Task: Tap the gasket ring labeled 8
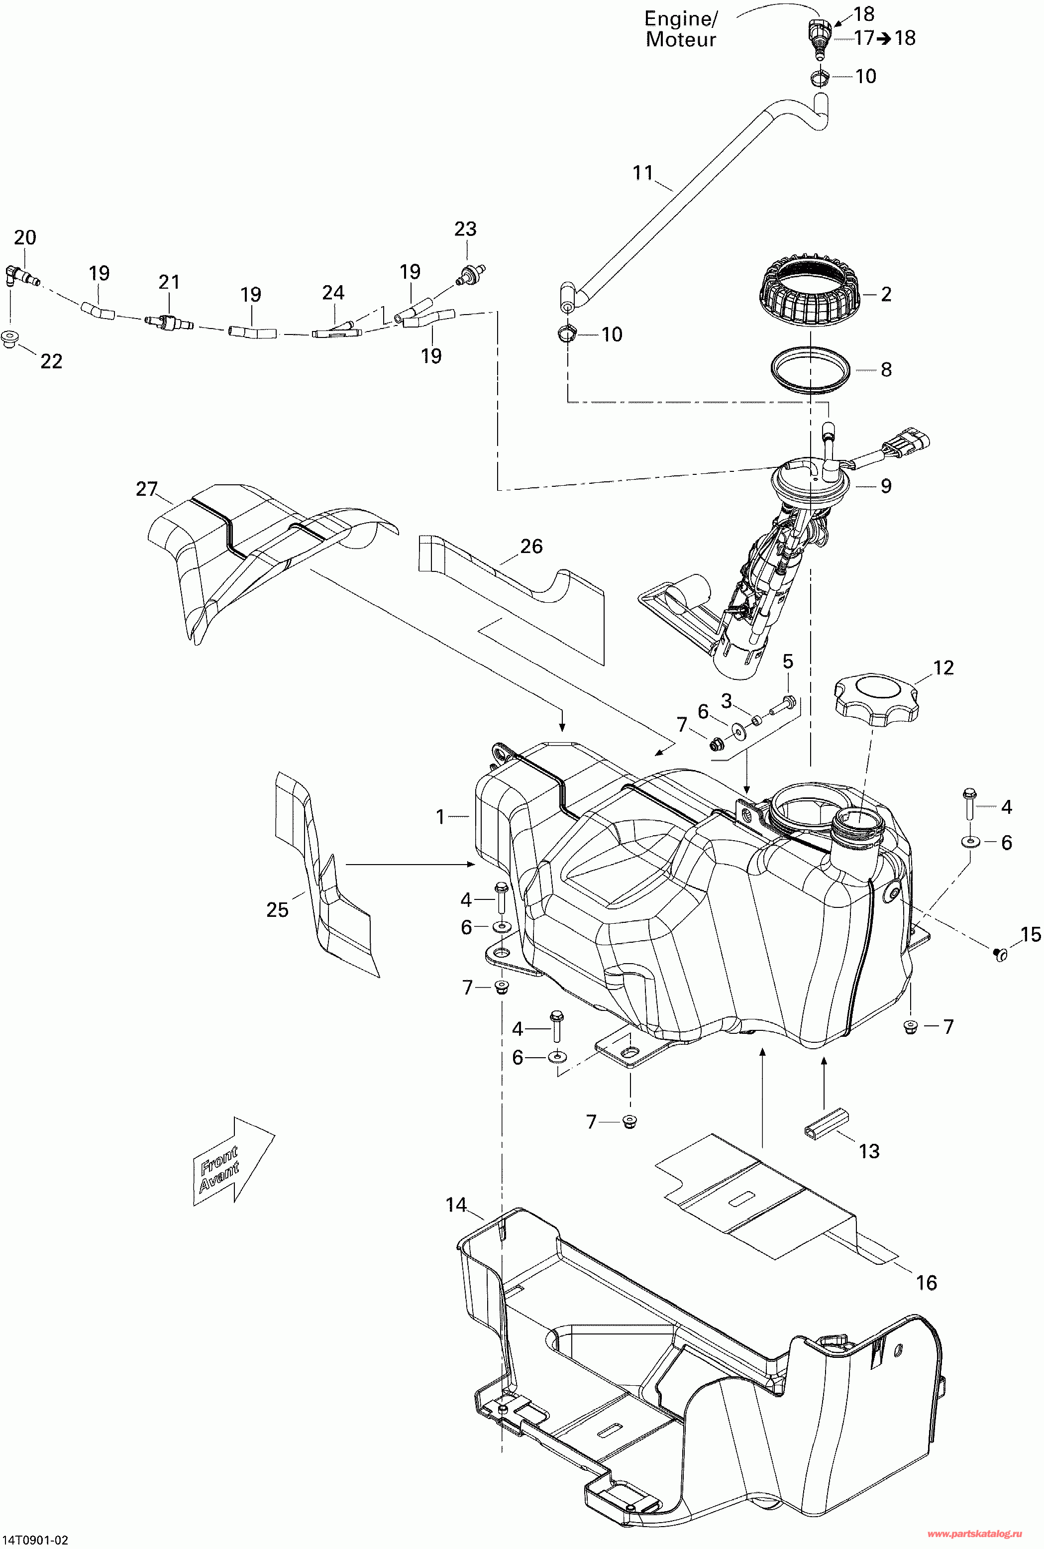(810, 370)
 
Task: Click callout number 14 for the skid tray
(456, 1205)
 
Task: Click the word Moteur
(680, 40)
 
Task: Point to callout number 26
(531, 546)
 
